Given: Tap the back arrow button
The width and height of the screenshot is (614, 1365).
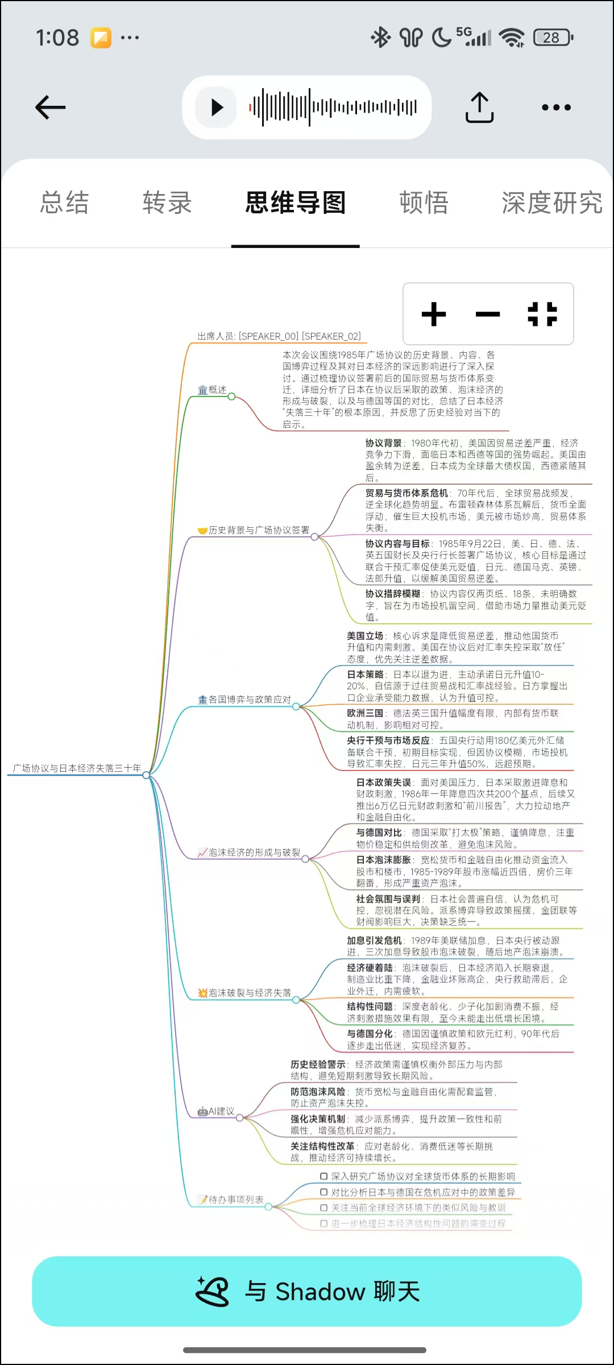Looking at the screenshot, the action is pos(51,107).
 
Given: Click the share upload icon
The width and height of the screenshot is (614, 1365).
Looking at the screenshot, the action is pos(479,107).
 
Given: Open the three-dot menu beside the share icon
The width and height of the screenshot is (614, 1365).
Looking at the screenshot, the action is pos(556,107).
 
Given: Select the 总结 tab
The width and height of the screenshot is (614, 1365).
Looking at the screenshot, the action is pos(65,203).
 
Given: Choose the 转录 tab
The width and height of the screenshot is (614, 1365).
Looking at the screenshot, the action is pos(167,203).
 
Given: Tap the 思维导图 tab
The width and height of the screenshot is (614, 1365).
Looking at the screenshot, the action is pos(296,203).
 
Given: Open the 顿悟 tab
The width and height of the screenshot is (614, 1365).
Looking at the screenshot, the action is pos(424,203).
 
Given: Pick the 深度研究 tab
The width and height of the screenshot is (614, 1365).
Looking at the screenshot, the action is pos(551,203).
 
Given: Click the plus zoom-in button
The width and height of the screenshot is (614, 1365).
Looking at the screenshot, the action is pos(434,314).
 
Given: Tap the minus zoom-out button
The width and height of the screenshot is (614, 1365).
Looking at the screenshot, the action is pos(488,314).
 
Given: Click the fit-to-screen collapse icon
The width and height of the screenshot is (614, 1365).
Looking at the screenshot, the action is pos(542,314).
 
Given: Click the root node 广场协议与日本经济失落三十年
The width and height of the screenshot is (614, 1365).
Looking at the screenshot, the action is pos(77,768).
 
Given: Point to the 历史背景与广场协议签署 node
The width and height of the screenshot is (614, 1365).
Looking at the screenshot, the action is pos(254,530).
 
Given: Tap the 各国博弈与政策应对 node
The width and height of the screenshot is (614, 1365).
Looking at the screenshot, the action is pos(245,699).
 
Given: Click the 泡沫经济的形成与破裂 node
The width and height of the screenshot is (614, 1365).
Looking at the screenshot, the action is pos(250,852).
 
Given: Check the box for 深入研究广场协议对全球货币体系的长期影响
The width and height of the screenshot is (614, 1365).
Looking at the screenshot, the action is pos(324,1176).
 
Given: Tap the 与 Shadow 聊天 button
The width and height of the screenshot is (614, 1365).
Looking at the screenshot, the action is pos(307,1291).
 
